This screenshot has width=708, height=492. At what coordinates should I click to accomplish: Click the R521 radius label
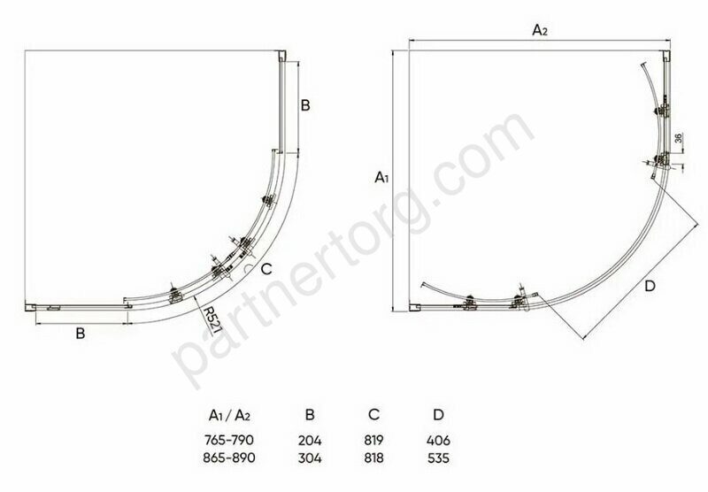click(212, 319)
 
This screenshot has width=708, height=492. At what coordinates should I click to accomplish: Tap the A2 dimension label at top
click(540, 30)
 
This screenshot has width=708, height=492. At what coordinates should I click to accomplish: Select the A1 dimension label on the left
click(381, 177)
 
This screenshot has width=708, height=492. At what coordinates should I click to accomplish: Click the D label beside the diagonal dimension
click(650, 286)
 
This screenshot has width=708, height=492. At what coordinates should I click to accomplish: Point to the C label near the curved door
click(266, 269)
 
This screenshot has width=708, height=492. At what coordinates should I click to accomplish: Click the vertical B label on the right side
click(305, 105)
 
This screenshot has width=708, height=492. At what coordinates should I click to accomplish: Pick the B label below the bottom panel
click(81, 334)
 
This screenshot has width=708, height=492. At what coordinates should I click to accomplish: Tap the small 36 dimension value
click(678, 138)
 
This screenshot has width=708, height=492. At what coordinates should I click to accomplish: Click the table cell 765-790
click(229, 440)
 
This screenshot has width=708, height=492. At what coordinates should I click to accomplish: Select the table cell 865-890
click(229, 457)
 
